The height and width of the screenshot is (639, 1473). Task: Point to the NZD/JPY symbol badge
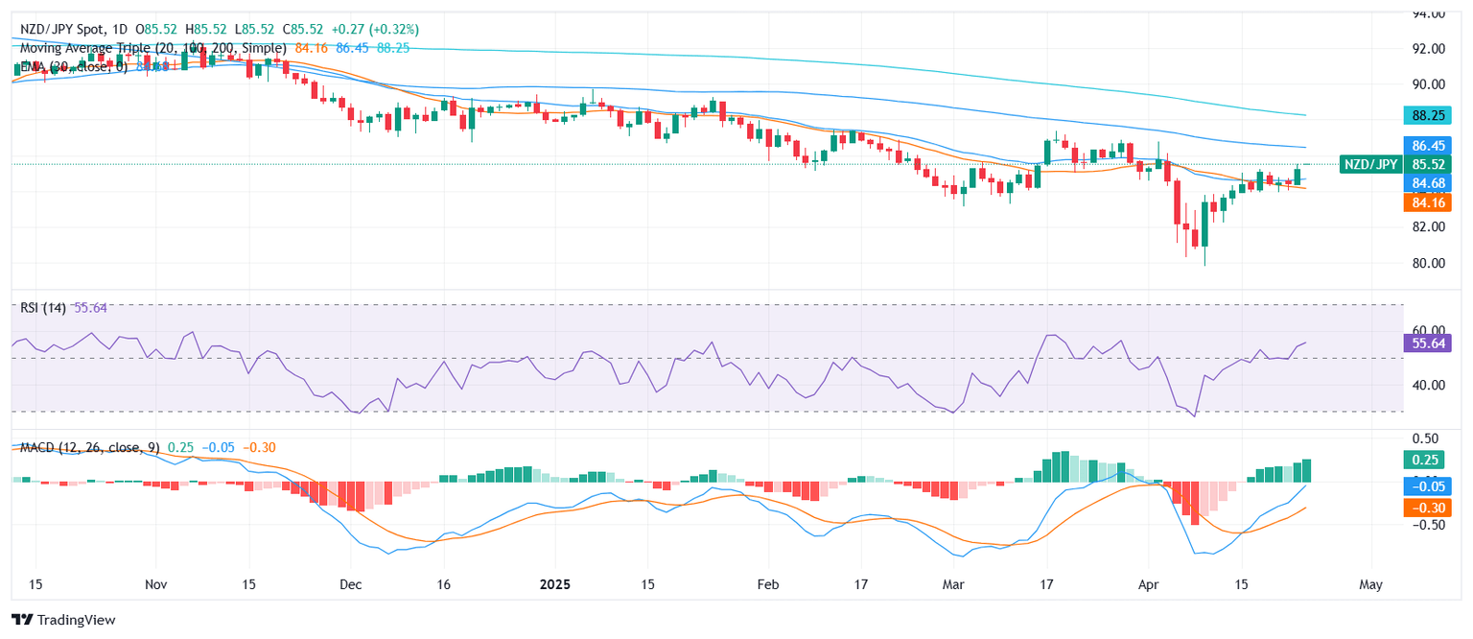1369,164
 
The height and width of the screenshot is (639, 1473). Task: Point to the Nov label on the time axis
157,583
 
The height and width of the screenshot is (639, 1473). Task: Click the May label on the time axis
1371,583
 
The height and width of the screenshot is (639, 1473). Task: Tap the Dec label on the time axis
351,583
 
